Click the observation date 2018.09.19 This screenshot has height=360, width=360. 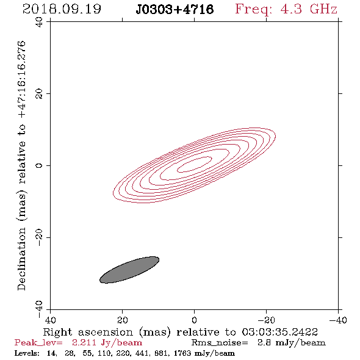pos(62,9)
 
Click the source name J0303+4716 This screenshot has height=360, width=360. pos(175,9)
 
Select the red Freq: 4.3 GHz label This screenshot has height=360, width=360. pos(286,9)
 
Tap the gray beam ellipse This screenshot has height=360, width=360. pos(129,270)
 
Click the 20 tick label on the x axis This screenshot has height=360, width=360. pos(122,320)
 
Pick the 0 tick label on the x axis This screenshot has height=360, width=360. pos(194,320)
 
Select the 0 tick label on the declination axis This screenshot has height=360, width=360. pos(39,165)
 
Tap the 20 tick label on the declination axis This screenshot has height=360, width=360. pos(39,94)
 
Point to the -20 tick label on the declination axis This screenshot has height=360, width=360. pos(39,237)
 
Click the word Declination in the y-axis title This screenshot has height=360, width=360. pos(21,259)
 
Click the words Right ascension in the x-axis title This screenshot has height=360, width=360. pos(88,332)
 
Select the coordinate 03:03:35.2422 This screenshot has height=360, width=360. pos(280,332)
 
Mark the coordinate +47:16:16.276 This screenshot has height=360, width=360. pos(22,80)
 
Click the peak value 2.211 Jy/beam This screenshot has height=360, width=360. pos(107,342)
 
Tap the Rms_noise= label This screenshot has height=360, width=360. pos(220,343)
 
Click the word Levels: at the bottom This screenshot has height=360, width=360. pos(27,353)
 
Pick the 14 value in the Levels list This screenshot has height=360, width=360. pos(51,353)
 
